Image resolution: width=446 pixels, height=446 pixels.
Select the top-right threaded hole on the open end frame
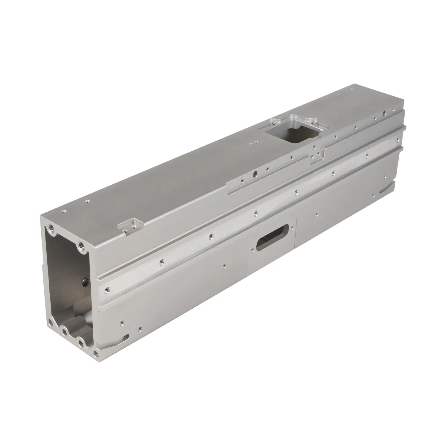coord(81,246)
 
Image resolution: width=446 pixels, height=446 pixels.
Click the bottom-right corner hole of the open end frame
coord(96,354)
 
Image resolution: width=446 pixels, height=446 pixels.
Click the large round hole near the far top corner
coord(384,112)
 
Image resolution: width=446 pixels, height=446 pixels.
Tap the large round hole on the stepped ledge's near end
coord(255,173)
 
